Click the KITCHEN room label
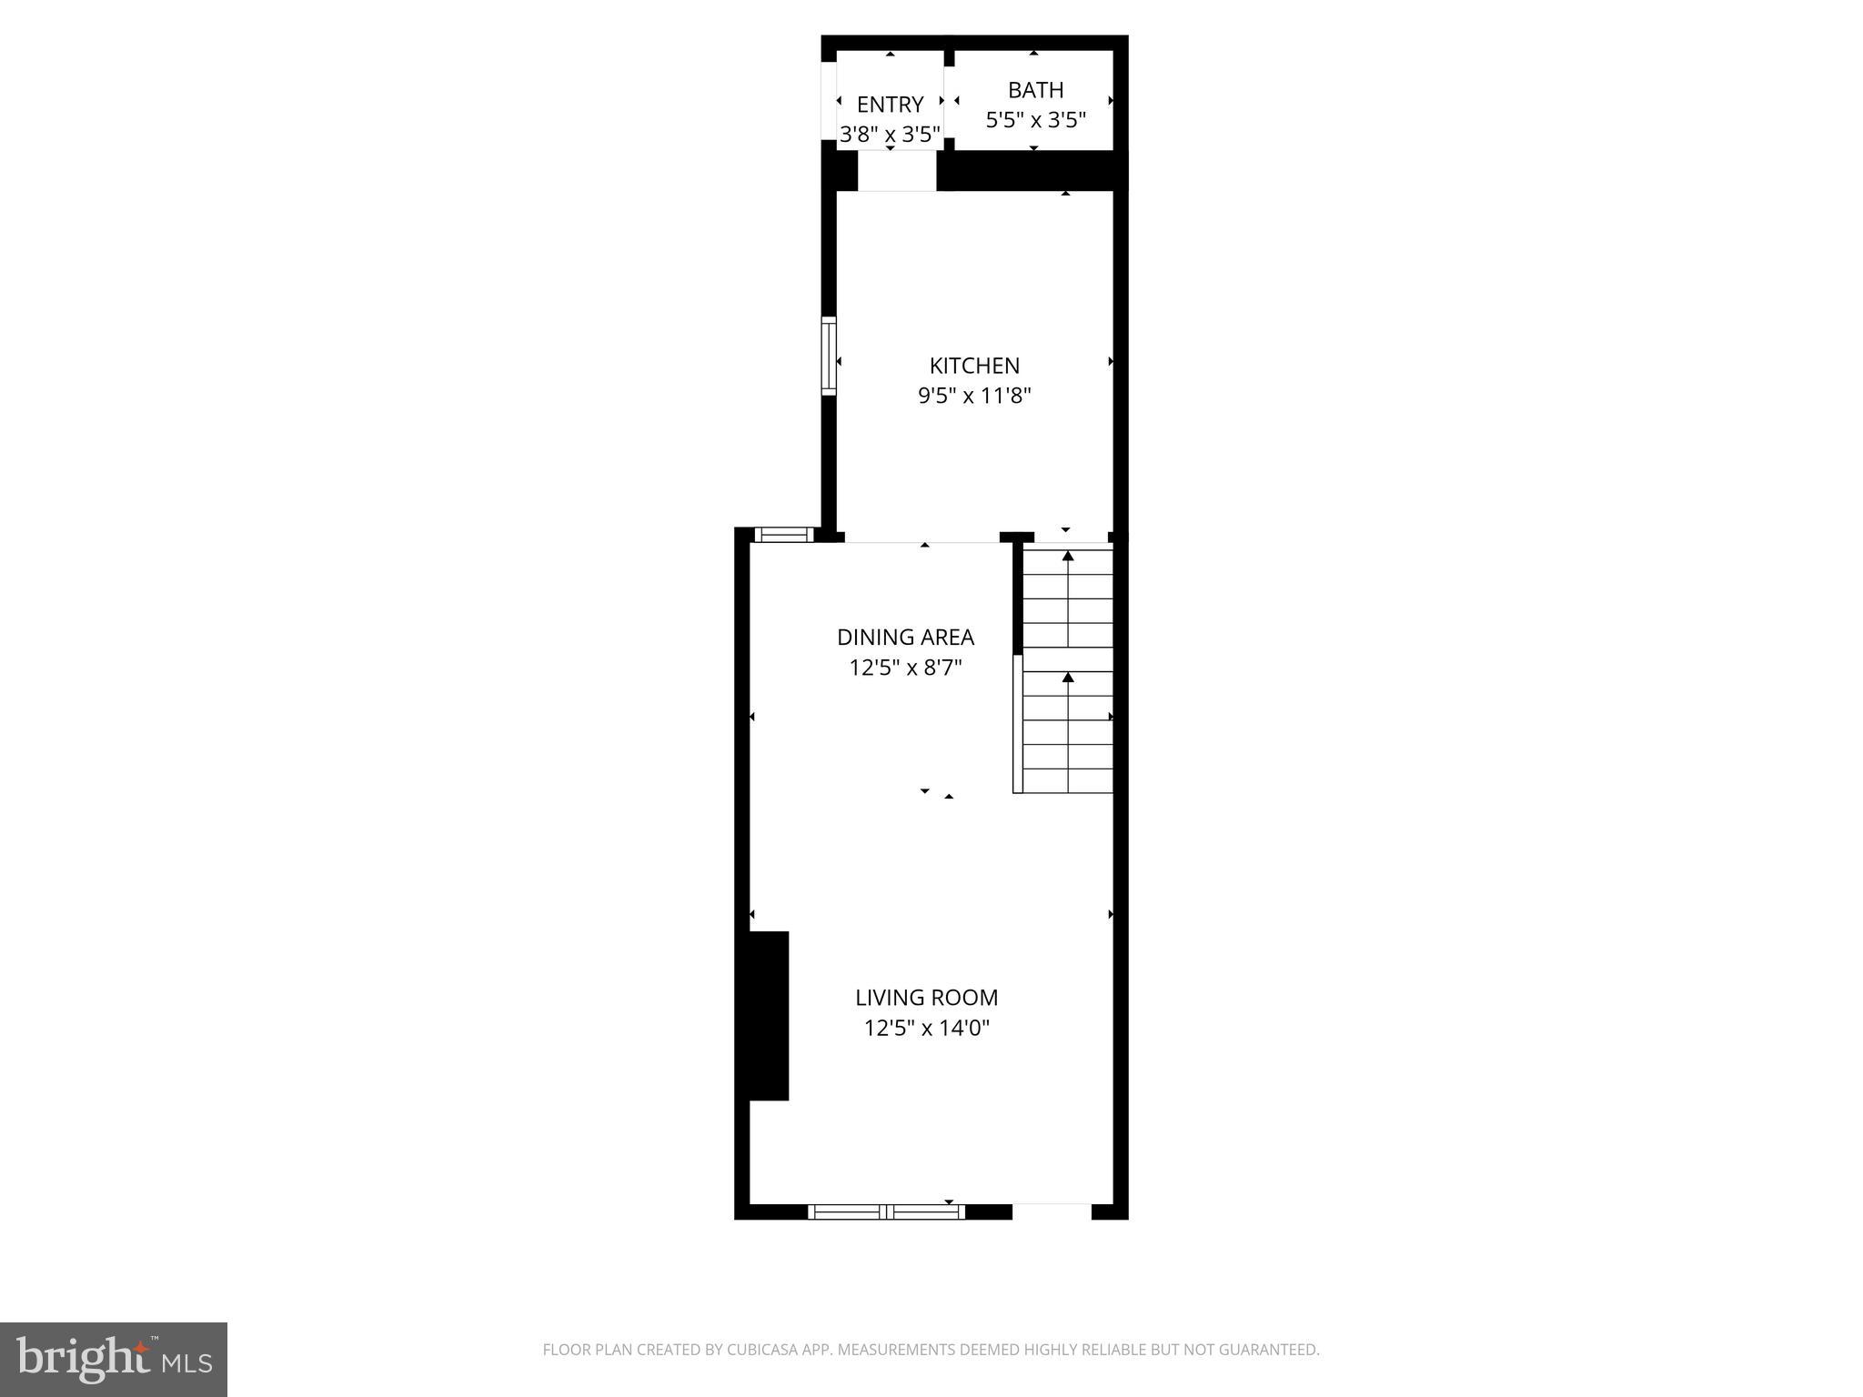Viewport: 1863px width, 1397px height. pos(974,366)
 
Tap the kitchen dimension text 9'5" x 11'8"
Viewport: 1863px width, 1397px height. pos(974,396)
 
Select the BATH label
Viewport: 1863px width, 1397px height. pos(1035,90)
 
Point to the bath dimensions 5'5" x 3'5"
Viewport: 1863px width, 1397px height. pos(1035,120)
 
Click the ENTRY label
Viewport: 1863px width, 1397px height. pos(890,105)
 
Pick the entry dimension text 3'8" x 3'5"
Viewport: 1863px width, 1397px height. pos(890,135)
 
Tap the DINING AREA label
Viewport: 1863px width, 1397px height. pos(905,637)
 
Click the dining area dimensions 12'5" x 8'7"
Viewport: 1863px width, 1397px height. pos(905,668)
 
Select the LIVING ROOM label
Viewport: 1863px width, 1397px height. pos(926,998)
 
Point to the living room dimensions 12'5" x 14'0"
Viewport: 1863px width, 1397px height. pos(926,1029)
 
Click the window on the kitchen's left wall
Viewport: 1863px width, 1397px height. pos(829,356)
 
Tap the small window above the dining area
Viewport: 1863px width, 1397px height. pos(784,535)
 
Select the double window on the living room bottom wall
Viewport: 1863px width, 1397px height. pos(886,1211)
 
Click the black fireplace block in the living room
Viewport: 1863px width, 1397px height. pos(769,1015)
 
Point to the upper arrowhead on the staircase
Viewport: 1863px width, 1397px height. pos(1068,556)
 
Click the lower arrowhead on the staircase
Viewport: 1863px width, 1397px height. pos(1068,678)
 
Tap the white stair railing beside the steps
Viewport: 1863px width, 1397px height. pos(1018,723)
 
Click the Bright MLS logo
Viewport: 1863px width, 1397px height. pos(114,1359)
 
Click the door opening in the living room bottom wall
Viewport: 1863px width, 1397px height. pos(1052,1211)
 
